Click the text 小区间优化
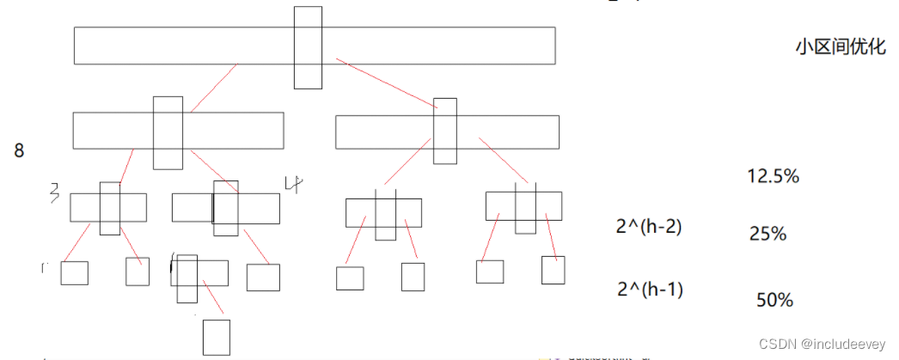point(840,47)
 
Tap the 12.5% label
point(774,177)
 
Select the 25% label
point(768,233)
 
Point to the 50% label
point(774,300)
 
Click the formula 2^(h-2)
point(649,228)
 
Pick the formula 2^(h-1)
point(650,290)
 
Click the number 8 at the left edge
point(19,151)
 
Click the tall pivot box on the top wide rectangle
point(308,47)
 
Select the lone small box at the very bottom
point(216,337)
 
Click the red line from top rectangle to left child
point(213,88)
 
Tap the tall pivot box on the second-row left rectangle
point(168,132)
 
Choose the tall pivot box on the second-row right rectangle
point(445,131)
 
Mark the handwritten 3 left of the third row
point(53,191)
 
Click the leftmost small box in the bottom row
point(74,273)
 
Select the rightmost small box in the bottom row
point(553,270)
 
